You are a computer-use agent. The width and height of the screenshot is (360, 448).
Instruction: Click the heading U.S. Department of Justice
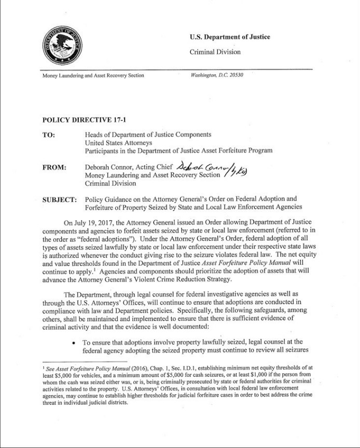tap(230, 37)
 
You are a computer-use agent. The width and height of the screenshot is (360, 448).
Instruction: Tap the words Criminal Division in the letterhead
tap(215, 52)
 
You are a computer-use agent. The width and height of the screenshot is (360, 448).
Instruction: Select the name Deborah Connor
tap(109, 168)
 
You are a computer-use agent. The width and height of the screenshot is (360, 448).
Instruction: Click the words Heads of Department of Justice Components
tap(148, 135)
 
